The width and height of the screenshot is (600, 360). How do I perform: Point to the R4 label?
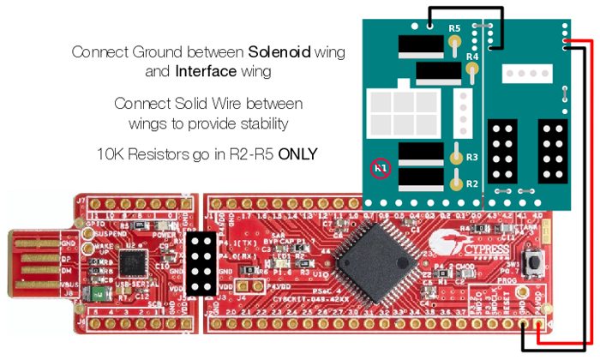pyautogui.click(x=471, y=57)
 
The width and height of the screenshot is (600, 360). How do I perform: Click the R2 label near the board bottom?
pyautogui.click(x=471, y=183)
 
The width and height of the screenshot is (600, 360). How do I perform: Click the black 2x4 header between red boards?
pyautogui.click(x=204, y=264)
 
